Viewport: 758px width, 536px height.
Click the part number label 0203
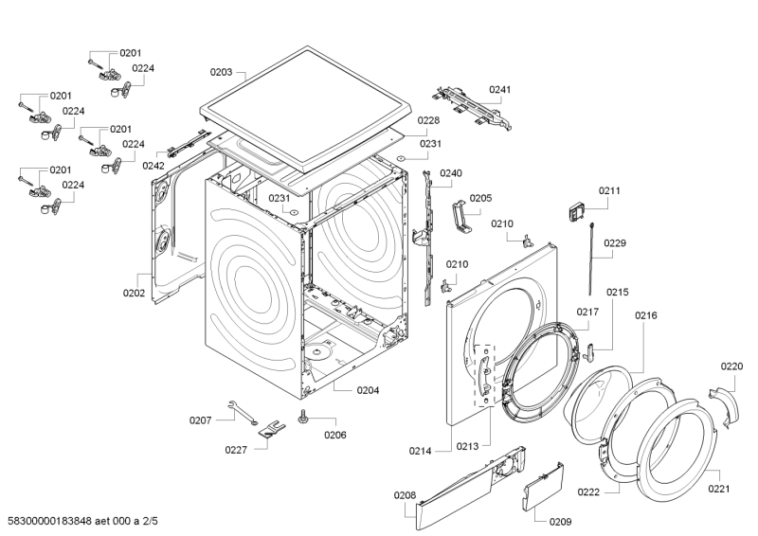221,71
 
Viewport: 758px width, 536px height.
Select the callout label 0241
499,90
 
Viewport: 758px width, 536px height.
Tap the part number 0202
134,293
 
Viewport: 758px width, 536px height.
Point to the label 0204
369,390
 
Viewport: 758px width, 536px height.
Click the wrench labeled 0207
244,410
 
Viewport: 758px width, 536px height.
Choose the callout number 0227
236,450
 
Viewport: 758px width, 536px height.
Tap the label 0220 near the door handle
731,366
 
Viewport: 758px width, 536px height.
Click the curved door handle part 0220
727,402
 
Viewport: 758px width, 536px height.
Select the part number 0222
588,491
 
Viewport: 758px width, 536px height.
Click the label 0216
646,315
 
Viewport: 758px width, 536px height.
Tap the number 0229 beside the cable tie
615,243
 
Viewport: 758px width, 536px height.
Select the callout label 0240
451,173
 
